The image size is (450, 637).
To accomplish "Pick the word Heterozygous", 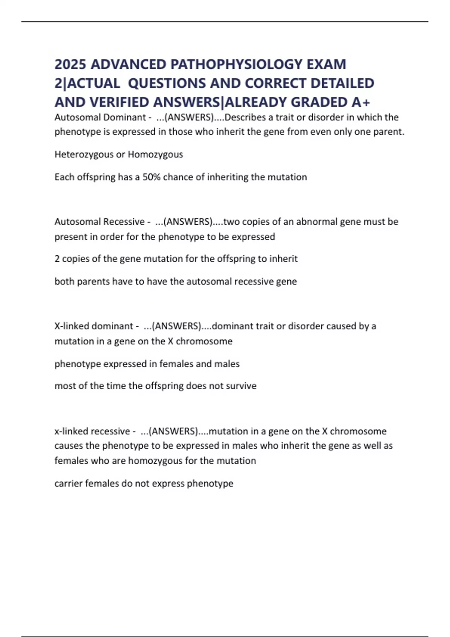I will click(x=84, y=154).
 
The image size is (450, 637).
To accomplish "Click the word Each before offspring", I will click(x=64, y=177).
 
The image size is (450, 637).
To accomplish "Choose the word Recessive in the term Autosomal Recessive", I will click(x=124, y=222).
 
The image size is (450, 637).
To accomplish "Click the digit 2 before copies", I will click(x=57, y=259).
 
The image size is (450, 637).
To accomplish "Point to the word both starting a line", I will click(x=64, y=281).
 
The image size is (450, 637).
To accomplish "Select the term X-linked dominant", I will click(x=94, y=326).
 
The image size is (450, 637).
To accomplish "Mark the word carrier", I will click(x=68, y=483).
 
